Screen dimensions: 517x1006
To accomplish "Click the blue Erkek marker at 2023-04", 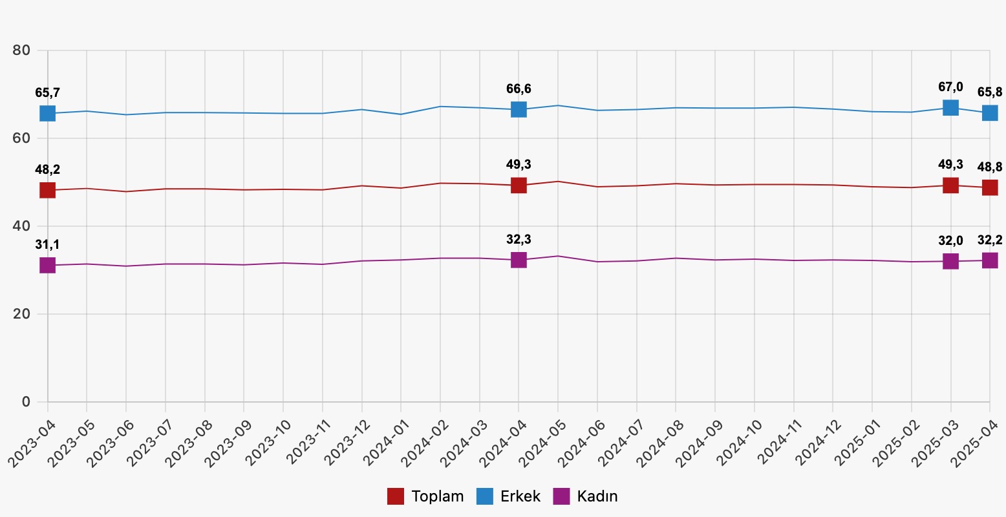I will (47, 114).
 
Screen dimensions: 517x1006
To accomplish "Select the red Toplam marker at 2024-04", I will (519, 185).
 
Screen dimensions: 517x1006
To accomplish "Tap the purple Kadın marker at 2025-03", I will (950, 261).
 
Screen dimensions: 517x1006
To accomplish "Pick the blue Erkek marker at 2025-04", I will (990, 113).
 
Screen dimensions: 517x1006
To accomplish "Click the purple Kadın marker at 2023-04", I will (47, 265).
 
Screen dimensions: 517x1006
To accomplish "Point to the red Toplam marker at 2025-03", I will (950, 185).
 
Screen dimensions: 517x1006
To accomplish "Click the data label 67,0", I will (950, 87).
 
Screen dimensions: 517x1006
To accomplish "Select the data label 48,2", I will (47, 170).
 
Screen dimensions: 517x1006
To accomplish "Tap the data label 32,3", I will (519, 240).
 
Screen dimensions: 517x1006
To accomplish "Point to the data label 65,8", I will (990, 92).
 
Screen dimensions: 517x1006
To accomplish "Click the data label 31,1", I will (47, 244).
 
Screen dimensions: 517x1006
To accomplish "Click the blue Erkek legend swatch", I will (485, 496).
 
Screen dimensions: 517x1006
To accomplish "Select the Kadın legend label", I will (597, 496).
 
